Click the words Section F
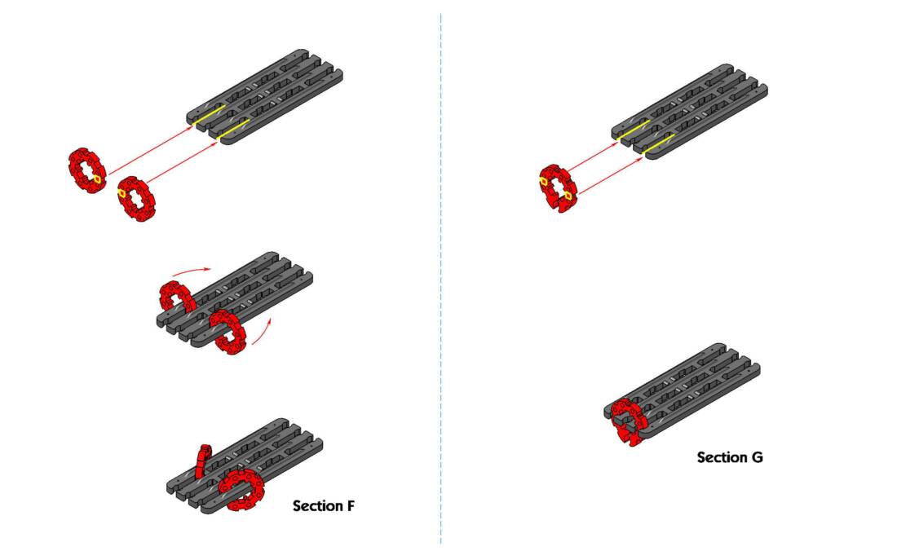[x=324, y=506]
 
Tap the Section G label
[x=730, y=457]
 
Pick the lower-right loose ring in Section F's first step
[x=135, y=198]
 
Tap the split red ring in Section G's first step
[x=557, y=186]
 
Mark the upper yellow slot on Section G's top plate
[x=637, y=128]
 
